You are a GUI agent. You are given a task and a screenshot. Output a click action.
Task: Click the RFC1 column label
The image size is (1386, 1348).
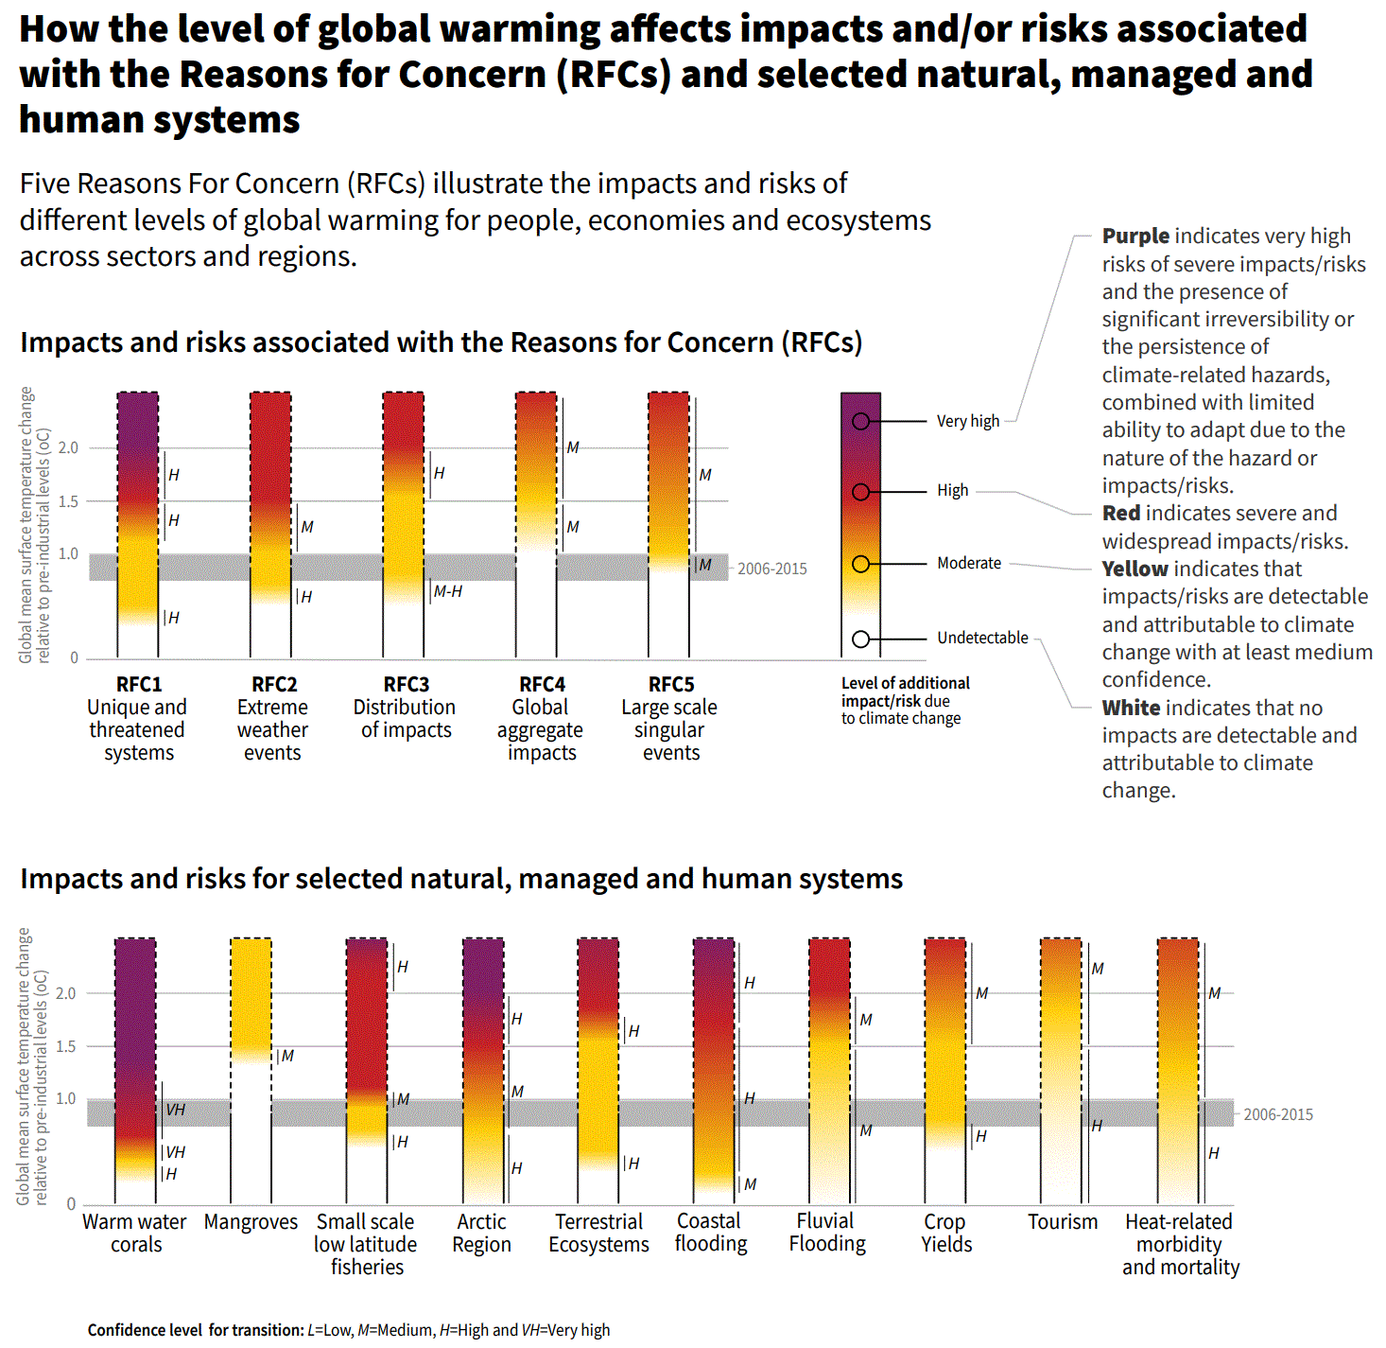click(138, 684)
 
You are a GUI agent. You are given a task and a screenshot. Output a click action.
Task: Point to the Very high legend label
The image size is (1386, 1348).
click(967, 421)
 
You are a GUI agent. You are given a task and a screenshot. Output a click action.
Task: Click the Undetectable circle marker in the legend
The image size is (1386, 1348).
click(860, 639)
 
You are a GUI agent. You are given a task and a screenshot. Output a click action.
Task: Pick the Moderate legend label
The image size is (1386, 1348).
click(968, 563)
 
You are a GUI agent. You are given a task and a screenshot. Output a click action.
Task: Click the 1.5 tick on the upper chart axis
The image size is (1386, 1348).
click(68, 501)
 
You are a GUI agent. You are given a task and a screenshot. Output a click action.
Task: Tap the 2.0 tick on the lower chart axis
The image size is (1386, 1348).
click(66, 993)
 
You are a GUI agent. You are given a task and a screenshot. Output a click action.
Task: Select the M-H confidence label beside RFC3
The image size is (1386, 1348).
click(447, 591)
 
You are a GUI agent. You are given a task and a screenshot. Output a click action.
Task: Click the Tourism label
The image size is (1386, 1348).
click(1063, 1221)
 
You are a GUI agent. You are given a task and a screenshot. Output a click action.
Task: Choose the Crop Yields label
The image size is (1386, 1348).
click(945, 1233)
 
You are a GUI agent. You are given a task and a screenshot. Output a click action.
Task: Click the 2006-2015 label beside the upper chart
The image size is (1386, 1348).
click(771, 569)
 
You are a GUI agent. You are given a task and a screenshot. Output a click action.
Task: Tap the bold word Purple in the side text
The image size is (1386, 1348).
click(1135, 236)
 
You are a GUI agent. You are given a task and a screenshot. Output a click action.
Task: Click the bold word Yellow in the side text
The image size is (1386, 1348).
click(1135, 569)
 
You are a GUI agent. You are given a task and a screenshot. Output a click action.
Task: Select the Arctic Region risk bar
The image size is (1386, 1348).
click(483, 1069)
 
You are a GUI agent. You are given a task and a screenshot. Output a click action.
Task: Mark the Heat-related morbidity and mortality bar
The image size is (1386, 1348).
click(1178, 1069)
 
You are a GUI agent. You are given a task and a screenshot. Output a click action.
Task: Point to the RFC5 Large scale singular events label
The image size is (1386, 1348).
click(670, 718)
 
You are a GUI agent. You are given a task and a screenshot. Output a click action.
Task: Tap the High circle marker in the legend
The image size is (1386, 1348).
click(860, 492)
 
